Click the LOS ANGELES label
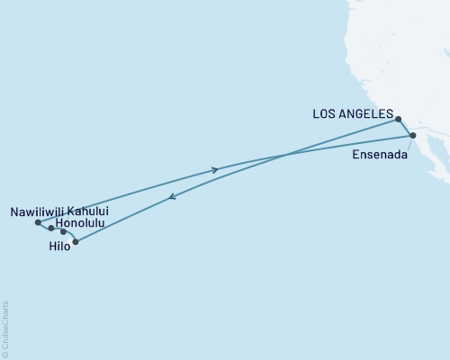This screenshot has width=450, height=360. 353,114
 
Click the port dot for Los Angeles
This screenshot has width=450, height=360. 398,118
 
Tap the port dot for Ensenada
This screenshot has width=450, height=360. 413,136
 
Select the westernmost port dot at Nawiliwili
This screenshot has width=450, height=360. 37,222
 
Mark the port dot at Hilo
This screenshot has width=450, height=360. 76,242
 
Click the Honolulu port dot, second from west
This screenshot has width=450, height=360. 51,229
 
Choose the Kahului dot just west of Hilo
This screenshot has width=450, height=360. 63,232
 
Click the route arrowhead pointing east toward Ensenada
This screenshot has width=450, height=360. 214,169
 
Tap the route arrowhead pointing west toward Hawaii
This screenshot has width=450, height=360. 171,199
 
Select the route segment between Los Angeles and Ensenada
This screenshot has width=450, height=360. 406,127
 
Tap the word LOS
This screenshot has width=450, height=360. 324,114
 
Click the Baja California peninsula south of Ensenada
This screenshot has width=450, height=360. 433,166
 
